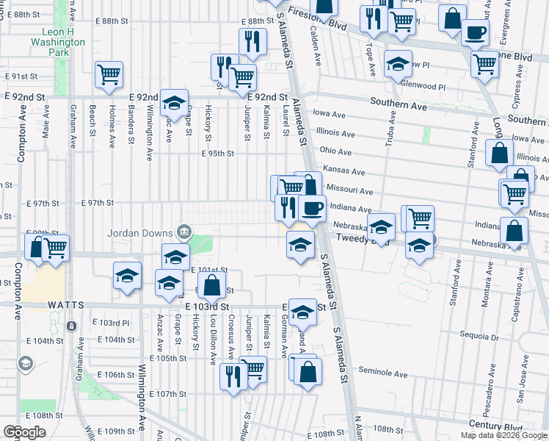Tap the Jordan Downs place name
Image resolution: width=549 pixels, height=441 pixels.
[x=141, y=233]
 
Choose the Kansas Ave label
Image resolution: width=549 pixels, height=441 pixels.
[x=349, y=171]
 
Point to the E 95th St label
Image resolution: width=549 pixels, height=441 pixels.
[x=217, y=154]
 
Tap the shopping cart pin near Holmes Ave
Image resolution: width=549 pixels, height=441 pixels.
[x=109, y=74]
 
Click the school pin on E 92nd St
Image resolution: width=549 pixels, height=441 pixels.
[x=175, y=102]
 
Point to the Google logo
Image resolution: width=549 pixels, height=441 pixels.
[x=25, y=432]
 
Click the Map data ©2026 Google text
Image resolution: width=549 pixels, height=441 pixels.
[x=503, y=435]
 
